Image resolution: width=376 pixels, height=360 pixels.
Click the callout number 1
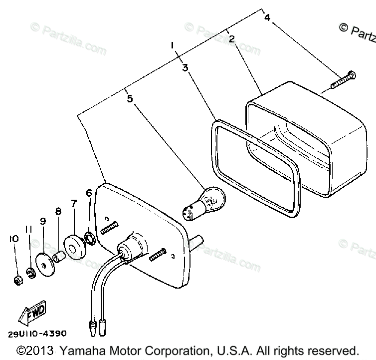[172, 45]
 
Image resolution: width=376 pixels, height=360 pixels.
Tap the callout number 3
[185, 67]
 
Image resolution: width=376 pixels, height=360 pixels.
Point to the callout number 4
[267, 18]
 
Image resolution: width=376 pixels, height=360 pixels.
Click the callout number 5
[130, 98]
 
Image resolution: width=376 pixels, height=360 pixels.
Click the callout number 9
[43, 221]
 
